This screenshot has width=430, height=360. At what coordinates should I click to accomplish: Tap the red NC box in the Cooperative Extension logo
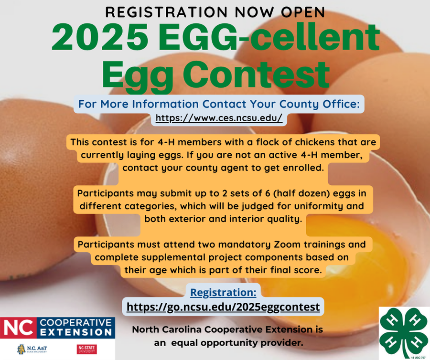click(19, 328)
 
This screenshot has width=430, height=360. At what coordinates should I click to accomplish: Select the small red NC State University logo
click(86, 349)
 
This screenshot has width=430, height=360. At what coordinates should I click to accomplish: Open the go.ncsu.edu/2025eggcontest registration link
click(223, 307)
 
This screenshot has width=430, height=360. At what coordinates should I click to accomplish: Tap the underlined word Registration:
click(223, 292)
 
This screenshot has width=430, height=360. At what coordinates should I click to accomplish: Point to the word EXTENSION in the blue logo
click(76, 332)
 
